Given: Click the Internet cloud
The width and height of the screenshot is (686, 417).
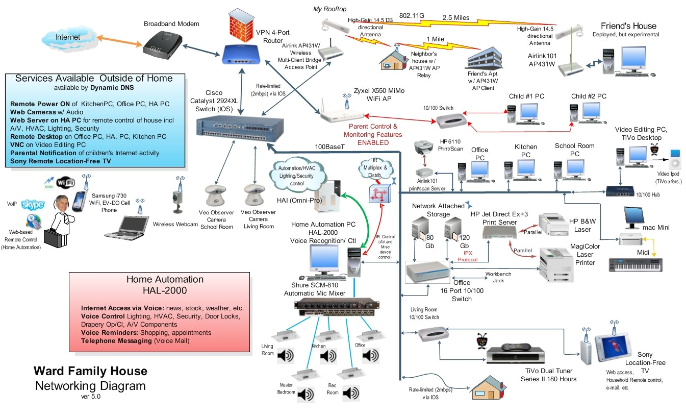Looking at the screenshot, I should coord(67,38).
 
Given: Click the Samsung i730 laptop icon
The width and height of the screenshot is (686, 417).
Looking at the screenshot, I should coord(124,227).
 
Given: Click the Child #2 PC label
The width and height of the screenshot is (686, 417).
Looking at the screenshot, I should coord(589,96).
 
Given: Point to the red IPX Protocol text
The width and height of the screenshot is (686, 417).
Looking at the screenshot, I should coord(466,256).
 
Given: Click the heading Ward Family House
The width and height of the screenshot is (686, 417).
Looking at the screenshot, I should coord(90,371).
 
